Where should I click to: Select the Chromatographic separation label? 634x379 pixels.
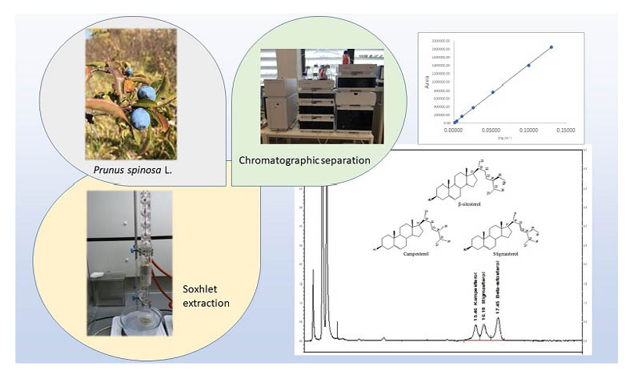point(305,160)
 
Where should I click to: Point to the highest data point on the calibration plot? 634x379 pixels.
point(552,47)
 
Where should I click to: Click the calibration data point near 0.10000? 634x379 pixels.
point(528,66)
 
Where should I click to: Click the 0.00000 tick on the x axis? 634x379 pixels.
point(454,128)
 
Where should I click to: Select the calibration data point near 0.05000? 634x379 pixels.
point(492,92)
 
